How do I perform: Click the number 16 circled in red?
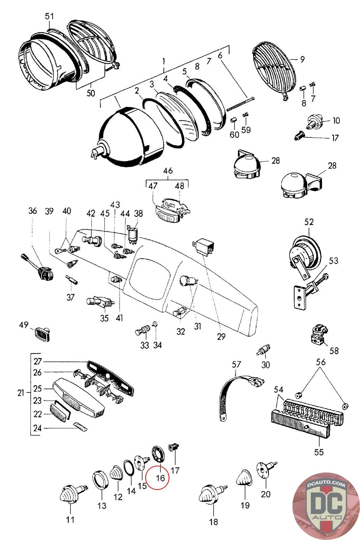pos(160,478)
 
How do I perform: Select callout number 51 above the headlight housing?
pos(49,16)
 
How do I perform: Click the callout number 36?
pos(32,211)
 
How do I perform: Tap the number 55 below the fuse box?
pos(319,452)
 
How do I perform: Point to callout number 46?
pos(168,170)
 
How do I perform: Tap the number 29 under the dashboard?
pos(221,336)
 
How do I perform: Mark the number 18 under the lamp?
pos(214,522)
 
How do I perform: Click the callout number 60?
pos(234,135)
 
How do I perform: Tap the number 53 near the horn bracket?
pos(333,261)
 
